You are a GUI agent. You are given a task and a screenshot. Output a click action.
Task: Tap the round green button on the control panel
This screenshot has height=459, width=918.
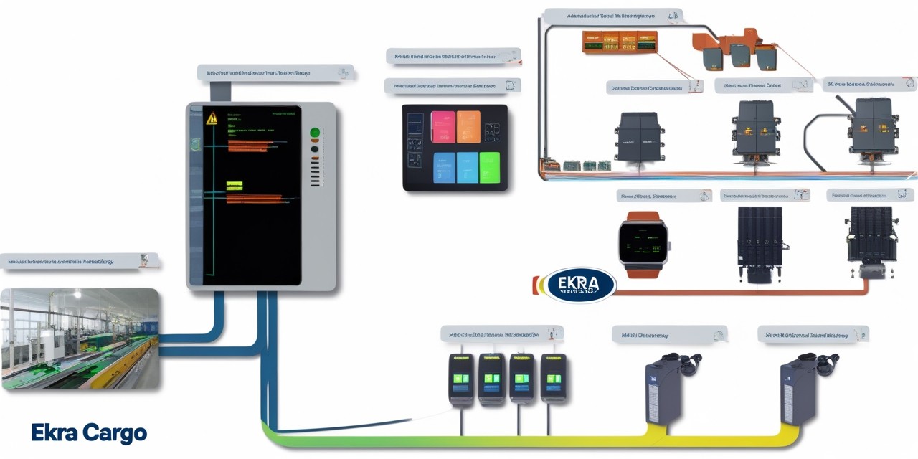[x=314, y=133]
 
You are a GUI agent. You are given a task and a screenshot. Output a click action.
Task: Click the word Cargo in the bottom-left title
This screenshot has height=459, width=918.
[x=114, y=433]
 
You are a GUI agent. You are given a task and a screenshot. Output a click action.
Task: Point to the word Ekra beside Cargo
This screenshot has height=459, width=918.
[x=54, y=433]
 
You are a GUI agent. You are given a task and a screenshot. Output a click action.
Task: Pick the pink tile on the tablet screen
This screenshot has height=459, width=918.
[x=443, y=127]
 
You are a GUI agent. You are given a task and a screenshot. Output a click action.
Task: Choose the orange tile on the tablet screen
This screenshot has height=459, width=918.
[x=468, y=127]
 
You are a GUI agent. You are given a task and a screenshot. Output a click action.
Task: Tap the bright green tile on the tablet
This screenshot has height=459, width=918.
[x=489, y=168]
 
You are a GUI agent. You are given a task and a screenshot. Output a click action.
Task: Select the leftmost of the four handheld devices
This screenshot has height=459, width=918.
[x=461, y=378]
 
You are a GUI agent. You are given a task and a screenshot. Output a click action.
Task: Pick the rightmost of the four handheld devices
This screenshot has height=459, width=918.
[x=553, y=378]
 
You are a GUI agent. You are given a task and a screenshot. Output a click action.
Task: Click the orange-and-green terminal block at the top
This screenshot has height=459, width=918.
[x=619, y=42]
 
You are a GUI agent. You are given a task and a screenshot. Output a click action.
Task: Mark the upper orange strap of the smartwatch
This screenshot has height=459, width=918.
[x=642, y=217]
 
